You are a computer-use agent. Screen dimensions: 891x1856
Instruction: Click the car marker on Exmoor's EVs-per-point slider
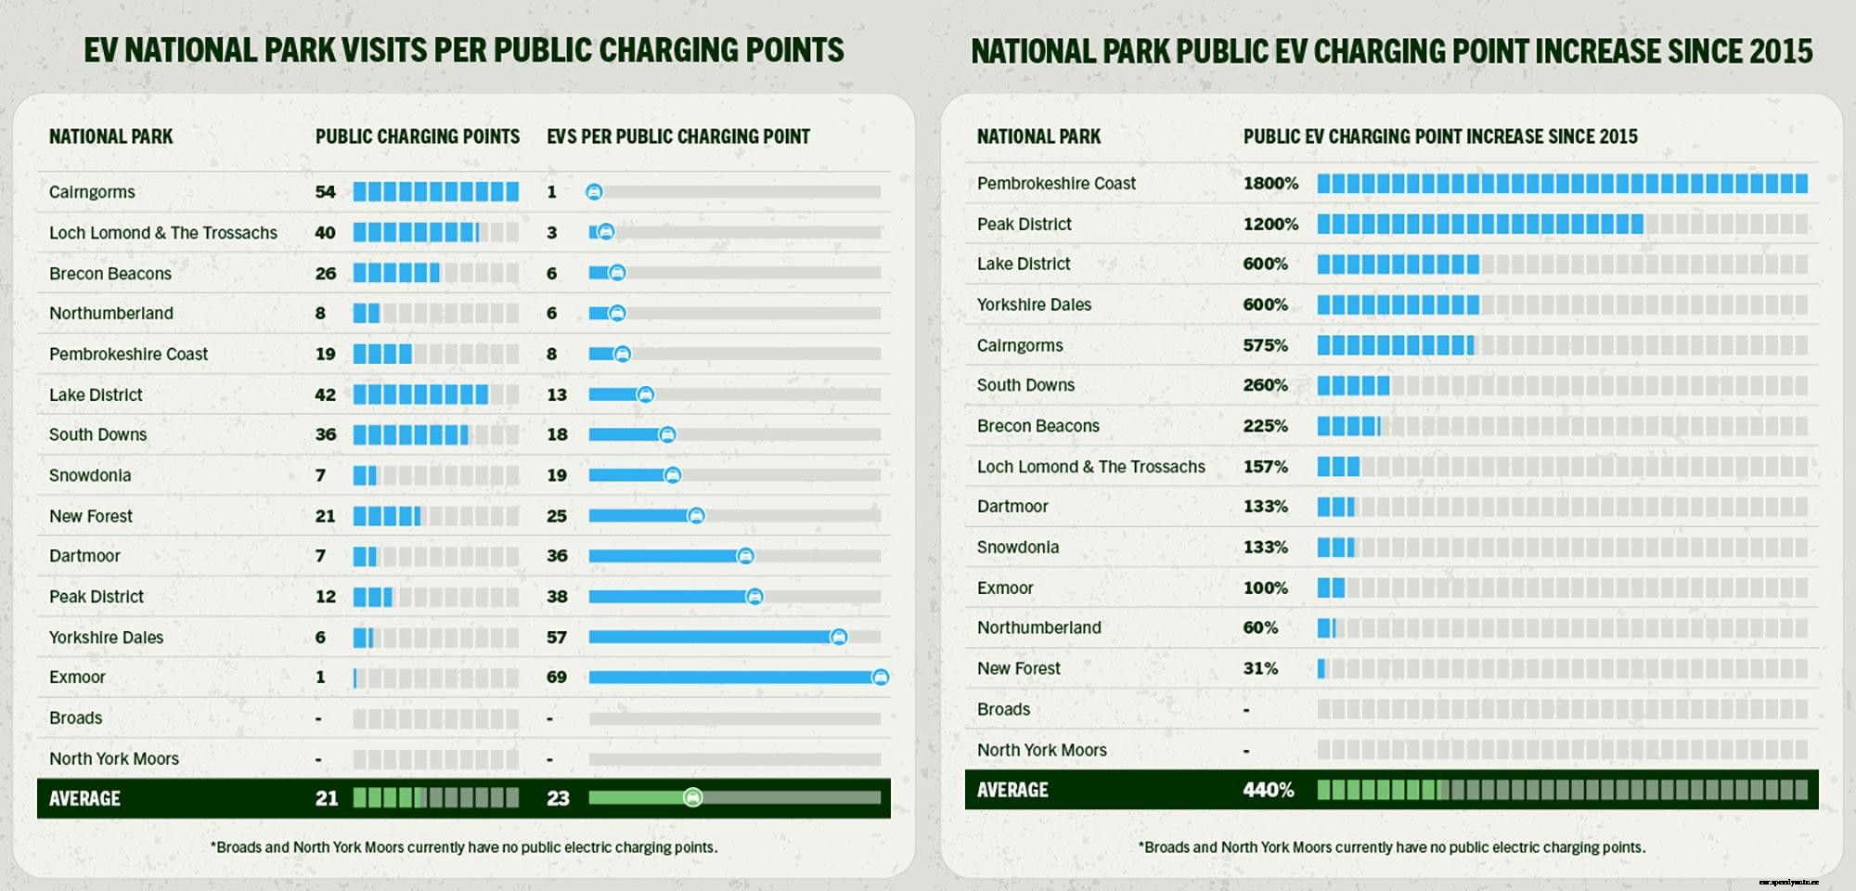tap(880, 678)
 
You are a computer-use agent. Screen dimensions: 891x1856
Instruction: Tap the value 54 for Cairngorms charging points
tap(325, 192)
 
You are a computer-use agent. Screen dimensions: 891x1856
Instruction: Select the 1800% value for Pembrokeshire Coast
tap(1270, 184)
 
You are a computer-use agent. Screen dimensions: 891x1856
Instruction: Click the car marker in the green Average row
tap(692, 797)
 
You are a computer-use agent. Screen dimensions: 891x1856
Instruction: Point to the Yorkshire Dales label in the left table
tap(106, 638)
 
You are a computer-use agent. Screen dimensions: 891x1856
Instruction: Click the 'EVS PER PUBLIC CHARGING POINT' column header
tap(678, 137)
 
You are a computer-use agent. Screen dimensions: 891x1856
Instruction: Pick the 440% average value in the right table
tap(1268, 790)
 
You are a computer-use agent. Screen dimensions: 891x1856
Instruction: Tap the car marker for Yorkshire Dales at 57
tap(838, 637)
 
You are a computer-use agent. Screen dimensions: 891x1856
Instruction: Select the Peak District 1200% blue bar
tap(1479, 224)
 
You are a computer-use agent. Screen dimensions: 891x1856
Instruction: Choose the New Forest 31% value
tap(1260, 668)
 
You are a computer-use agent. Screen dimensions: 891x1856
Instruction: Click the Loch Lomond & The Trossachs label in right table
tap(1090, 467)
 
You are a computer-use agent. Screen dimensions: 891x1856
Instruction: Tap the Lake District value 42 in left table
tap(325, 394)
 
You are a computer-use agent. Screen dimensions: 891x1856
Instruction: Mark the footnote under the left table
tap(464, 847)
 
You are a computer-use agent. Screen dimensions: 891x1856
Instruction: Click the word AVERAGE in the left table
tap(84, 798)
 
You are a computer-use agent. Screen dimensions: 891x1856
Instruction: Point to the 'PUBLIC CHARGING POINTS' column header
tap(418, 137)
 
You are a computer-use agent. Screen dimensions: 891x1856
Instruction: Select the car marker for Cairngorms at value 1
tap(594, 192)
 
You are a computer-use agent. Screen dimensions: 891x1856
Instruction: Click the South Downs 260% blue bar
tap(1353, 385)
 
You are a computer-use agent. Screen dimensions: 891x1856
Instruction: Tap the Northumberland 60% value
tap(1259, 628)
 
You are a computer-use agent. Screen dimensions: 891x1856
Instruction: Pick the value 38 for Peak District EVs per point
tap(557, 597)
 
